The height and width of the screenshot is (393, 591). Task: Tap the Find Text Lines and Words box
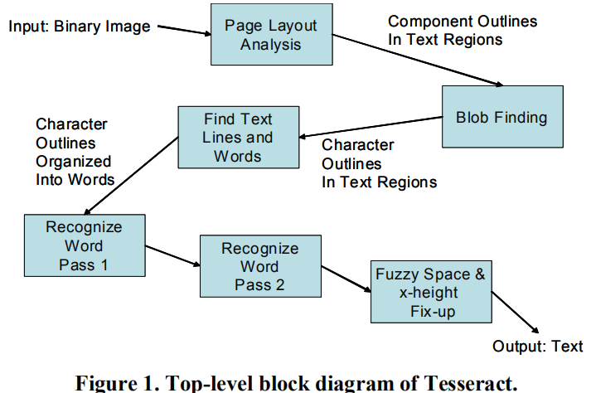pyautogui.click(x=237, y=137)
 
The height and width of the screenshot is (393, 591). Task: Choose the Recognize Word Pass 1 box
pyautogui.click(x=84, y=245)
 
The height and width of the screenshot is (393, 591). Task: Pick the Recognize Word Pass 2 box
pyautogui.click(x=259, y=266)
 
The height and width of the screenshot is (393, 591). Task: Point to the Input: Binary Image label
pyautogui.click(x=80, y=27)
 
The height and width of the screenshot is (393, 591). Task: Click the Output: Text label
pyautogui.click(x=537, y=347)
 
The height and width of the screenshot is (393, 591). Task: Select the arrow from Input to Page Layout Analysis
pyautogui.click(x=183, y=31)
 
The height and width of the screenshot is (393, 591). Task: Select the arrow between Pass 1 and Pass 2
pyautogui.click(x=172, y=256)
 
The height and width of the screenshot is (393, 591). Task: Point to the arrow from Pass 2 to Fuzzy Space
pyautogui.click(x=345, y=279)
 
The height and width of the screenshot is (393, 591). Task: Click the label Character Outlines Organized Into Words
pyautogui.click(x=74, y=152)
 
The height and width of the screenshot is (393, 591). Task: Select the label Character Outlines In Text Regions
pyautogui.click(x=379, y=163)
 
